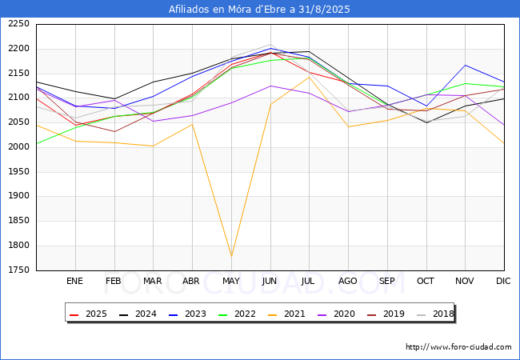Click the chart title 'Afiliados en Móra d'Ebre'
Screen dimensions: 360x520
pyautogui.click(x=259, y=10)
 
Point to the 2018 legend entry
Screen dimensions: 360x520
pyautogui.click(x=434, y=314)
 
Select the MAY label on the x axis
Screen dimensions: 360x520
pyautogui.click(x=230, y=282)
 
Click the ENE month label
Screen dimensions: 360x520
pyautogui.click(x=74, y=282)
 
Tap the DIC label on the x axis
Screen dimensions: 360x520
pyautogui.click(x=503, y=282)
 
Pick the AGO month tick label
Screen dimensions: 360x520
pyautogui.click(x=348, y=282)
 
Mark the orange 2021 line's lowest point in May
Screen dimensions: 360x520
pyautogui.click(x=231, y=256)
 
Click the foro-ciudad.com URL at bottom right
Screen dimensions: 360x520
pyautogui.click(x=458, y=347)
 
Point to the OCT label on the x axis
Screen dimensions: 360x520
pyautogui.click(x=426, y=282)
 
